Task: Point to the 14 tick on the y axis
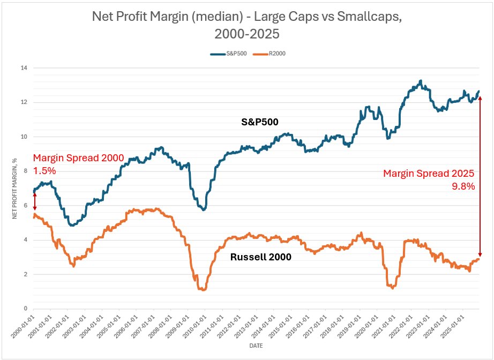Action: [x=23, y=68]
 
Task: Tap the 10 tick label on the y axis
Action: [x=23, y=137]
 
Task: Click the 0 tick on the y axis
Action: [x=25, y=309]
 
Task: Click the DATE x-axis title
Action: [x=256, y=347]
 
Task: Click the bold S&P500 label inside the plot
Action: [x=260, y=122]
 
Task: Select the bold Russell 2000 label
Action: [x=260, y=257]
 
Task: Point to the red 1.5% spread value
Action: [x=44, y=171]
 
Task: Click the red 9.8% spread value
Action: [x=464, y=186]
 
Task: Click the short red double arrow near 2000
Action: [x=35, y=201]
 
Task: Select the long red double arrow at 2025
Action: [x=480, y=177]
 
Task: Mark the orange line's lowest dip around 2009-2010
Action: [x=202, y=290]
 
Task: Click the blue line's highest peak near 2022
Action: [x=421, y=81]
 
